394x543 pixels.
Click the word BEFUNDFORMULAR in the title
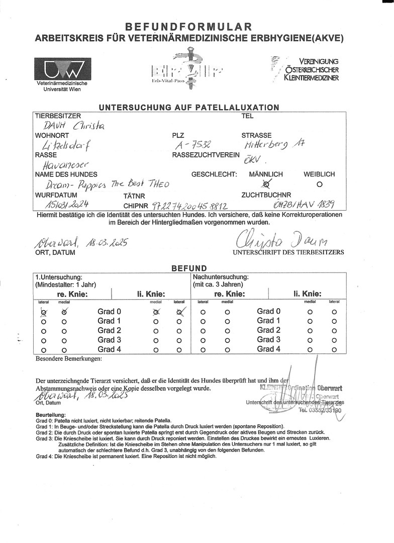[188, 26]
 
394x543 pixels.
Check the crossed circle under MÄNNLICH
[266, 185]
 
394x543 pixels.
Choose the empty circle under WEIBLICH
[319, 184]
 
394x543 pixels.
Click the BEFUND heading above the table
[189, 269]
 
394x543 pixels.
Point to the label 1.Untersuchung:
[58, 277]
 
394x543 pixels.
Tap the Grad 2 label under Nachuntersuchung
[268, 330]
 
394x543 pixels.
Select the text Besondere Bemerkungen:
[68, 359]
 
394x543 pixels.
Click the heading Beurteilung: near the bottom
[51, 414]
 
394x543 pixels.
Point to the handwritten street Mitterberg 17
[273, 146]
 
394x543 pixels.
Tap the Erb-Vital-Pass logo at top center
[187, 70]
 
